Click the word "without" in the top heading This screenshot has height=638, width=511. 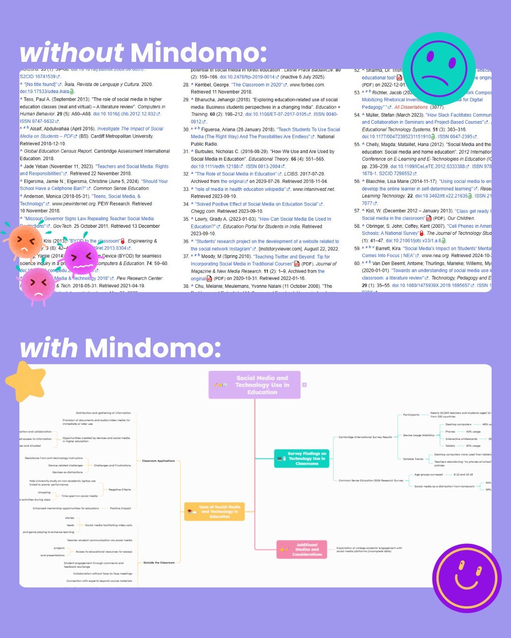click(71, 52)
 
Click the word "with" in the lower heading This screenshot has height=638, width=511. click(48, 348)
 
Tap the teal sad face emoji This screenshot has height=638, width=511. click(439, 69)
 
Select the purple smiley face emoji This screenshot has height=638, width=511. click(467, 578)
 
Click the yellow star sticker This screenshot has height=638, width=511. click(26, 381)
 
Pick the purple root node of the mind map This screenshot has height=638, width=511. click(255, 385)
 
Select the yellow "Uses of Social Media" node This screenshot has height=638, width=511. click(214, 511)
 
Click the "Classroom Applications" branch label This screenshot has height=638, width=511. click(159, 461)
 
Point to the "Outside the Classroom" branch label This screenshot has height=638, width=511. click(159, 563)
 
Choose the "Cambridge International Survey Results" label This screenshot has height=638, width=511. click(365, 437)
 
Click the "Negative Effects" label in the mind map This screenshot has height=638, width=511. click(120, 490)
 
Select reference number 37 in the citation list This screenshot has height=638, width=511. click(186, 256)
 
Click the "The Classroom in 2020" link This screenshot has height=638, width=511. click(256, 85)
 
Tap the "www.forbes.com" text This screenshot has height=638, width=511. click(307, 85)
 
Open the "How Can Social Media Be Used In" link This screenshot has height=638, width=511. click(295, 219)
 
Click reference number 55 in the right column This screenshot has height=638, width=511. click(357, 145)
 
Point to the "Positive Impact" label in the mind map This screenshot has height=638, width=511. click(120, 509)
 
